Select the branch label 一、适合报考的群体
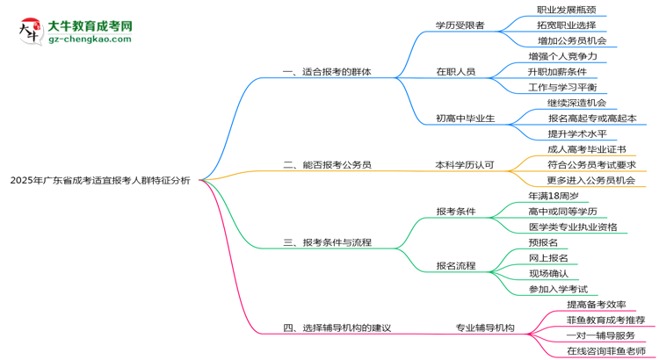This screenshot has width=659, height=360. [325, 72]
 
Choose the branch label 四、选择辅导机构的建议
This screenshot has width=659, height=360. [337, 328]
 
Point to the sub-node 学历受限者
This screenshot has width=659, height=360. [460, 25]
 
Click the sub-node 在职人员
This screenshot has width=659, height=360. [455, 72]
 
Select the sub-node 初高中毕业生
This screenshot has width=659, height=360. [465, 119]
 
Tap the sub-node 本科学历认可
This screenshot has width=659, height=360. [465, 164]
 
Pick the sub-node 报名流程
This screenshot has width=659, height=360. [455, 265]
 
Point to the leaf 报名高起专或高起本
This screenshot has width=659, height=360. [591, 119]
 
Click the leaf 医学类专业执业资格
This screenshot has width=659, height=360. [573, 227]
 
